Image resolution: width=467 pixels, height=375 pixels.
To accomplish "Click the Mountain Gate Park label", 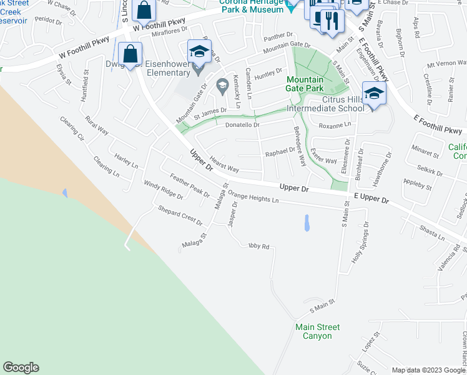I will tap(305, 84).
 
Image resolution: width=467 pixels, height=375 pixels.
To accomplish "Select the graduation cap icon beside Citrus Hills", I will tap(374, 94).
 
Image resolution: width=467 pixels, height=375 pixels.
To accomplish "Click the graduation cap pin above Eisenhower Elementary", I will tap(199, 51).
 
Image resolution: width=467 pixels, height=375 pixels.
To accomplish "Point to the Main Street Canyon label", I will tap(318, 331).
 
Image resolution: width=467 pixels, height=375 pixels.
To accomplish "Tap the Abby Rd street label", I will tap(258, 246).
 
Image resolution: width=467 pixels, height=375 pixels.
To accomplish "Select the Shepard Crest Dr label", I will tap(180, 216).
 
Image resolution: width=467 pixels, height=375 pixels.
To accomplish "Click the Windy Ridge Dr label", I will tap(163, 190).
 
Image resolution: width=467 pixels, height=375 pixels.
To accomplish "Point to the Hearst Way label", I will tap(224, 165).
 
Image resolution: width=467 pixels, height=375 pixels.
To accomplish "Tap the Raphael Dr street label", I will tap(280, 151).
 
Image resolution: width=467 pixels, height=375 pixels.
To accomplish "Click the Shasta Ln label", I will tap(432, 232).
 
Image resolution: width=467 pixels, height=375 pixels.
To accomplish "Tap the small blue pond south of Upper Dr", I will tap(306, 223).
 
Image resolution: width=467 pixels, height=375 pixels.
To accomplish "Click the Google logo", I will tap(21, 367).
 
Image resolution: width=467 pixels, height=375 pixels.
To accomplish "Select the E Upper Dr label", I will tap(371, 199).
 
